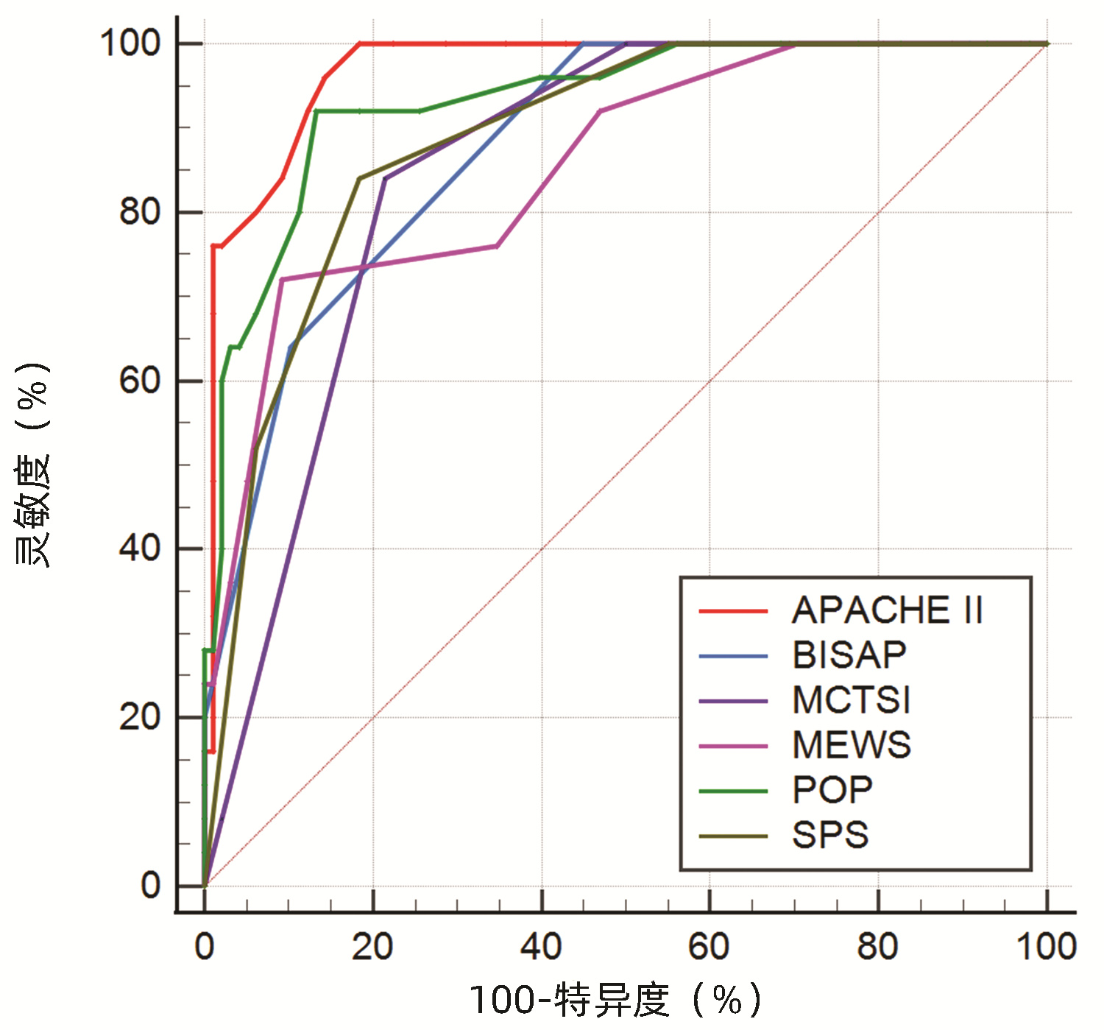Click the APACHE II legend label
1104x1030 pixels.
point(887,610)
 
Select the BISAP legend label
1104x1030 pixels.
point(849,655)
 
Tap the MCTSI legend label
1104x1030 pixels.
point(852,700)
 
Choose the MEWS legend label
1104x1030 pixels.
point(852,745)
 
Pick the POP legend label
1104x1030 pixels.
point(832,791)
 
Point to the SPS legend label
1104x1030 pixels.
point(830,836)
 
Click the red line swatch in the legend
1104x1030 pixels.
point(733,611)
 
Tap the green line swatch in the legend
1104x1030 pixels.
point(733,791)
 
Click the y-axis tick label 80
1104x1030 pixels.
point(140,212)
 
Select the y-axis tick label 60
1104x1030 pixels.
point(140,381)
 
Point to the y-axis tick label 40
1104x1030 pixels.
point(140,548)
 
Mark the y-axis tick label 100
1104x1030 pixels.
point(130,43)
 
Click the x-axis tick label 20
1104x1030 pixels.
point(372,946)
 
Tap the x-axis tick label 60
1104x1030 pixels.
point(709,946)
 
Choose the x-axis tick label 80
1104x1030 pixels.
point(877,946)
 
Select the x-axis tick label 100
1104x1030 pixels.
point(1046,946)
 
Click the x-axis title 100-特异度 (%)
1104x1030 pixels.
point(615,1000)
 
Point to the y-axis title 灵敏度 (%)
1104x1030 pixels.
point(33,464)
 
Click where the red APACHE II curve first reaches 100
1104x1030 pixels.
point(359,43)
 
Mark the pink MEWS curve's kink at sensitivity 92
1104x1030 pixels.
point(600,111)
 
